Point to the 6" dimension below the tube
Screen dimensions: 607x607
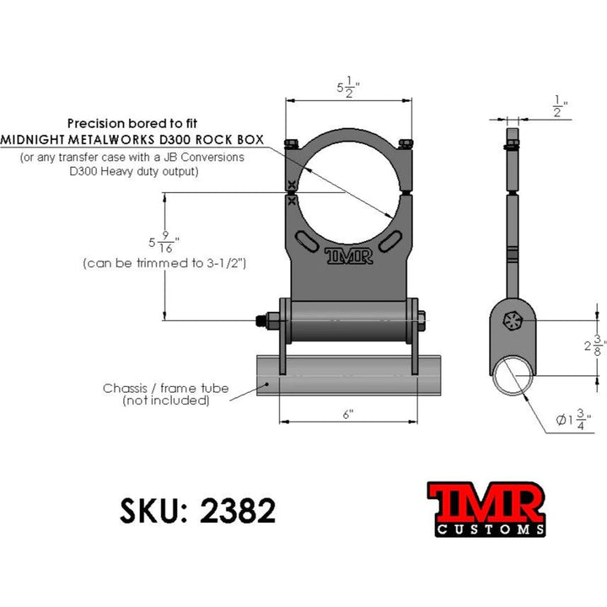tap(347, 414)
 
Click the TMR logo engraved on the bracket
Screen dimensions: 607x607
tap(348, 255)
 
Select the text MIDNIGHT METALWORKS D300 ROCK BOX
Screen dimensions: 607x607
tap(132, 138)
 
